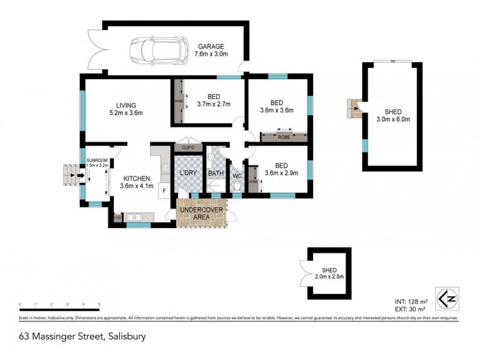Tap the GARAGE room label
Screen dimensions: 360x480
tap(209, 46)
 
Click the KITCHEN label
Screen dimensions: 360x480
tap(136, 179)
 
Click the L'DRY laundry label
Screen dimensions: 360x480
tap(189, 173)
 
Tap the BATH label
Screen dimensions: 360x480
tap(215, 173)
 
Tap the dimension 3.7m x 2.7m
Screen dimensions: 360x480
tap(214, 104)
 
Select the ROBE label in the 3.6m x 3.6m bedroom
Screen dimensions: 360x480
tap(285, 137)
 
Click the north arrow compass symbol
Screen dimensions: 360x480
tap(445, 298)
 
